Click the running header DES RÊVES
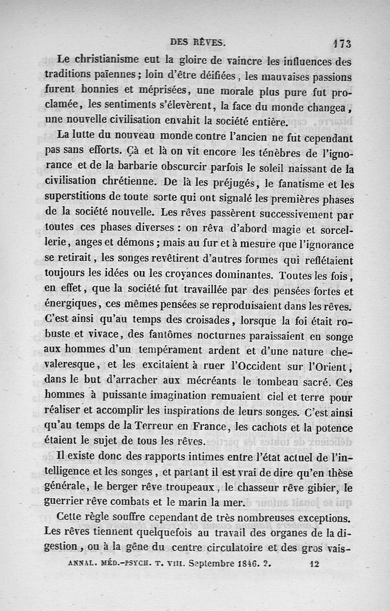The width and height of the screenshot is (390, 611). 197,43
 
